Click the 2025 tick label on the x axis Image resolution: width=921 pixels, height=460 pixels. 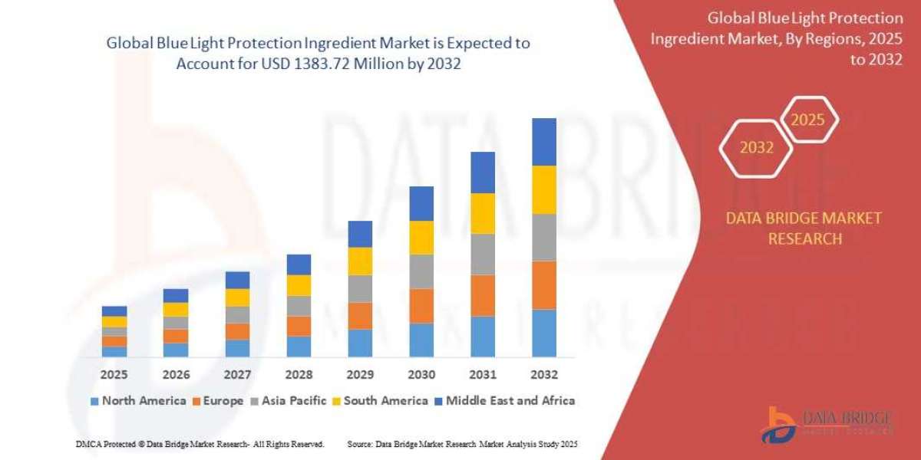[114, 375]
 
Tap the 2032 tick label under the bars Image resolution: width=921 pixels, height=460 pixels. [544, 375]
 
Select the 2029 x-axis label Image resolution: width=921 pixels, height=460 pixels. [360, 375]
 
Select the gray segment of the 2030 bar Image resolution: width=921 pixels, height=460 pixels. [421, 271]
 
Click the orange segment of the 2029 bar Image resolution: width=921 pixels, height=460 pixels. [360, 316]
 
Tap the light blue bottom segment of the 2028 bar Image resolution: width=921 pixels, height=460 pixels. [299, 347]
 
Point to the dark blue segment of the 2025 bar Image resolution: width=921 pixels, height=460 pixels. [114, 311]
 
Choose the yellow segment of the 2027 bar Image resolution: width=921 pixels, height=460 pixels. [237, 297]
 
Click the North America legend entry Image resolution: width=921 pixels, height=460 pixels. [137, 400]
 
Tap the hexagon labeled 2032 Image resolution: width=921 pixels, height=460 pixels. [756, 148]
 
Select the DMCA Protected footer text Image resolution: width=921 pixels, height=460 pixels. [200, 444]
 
